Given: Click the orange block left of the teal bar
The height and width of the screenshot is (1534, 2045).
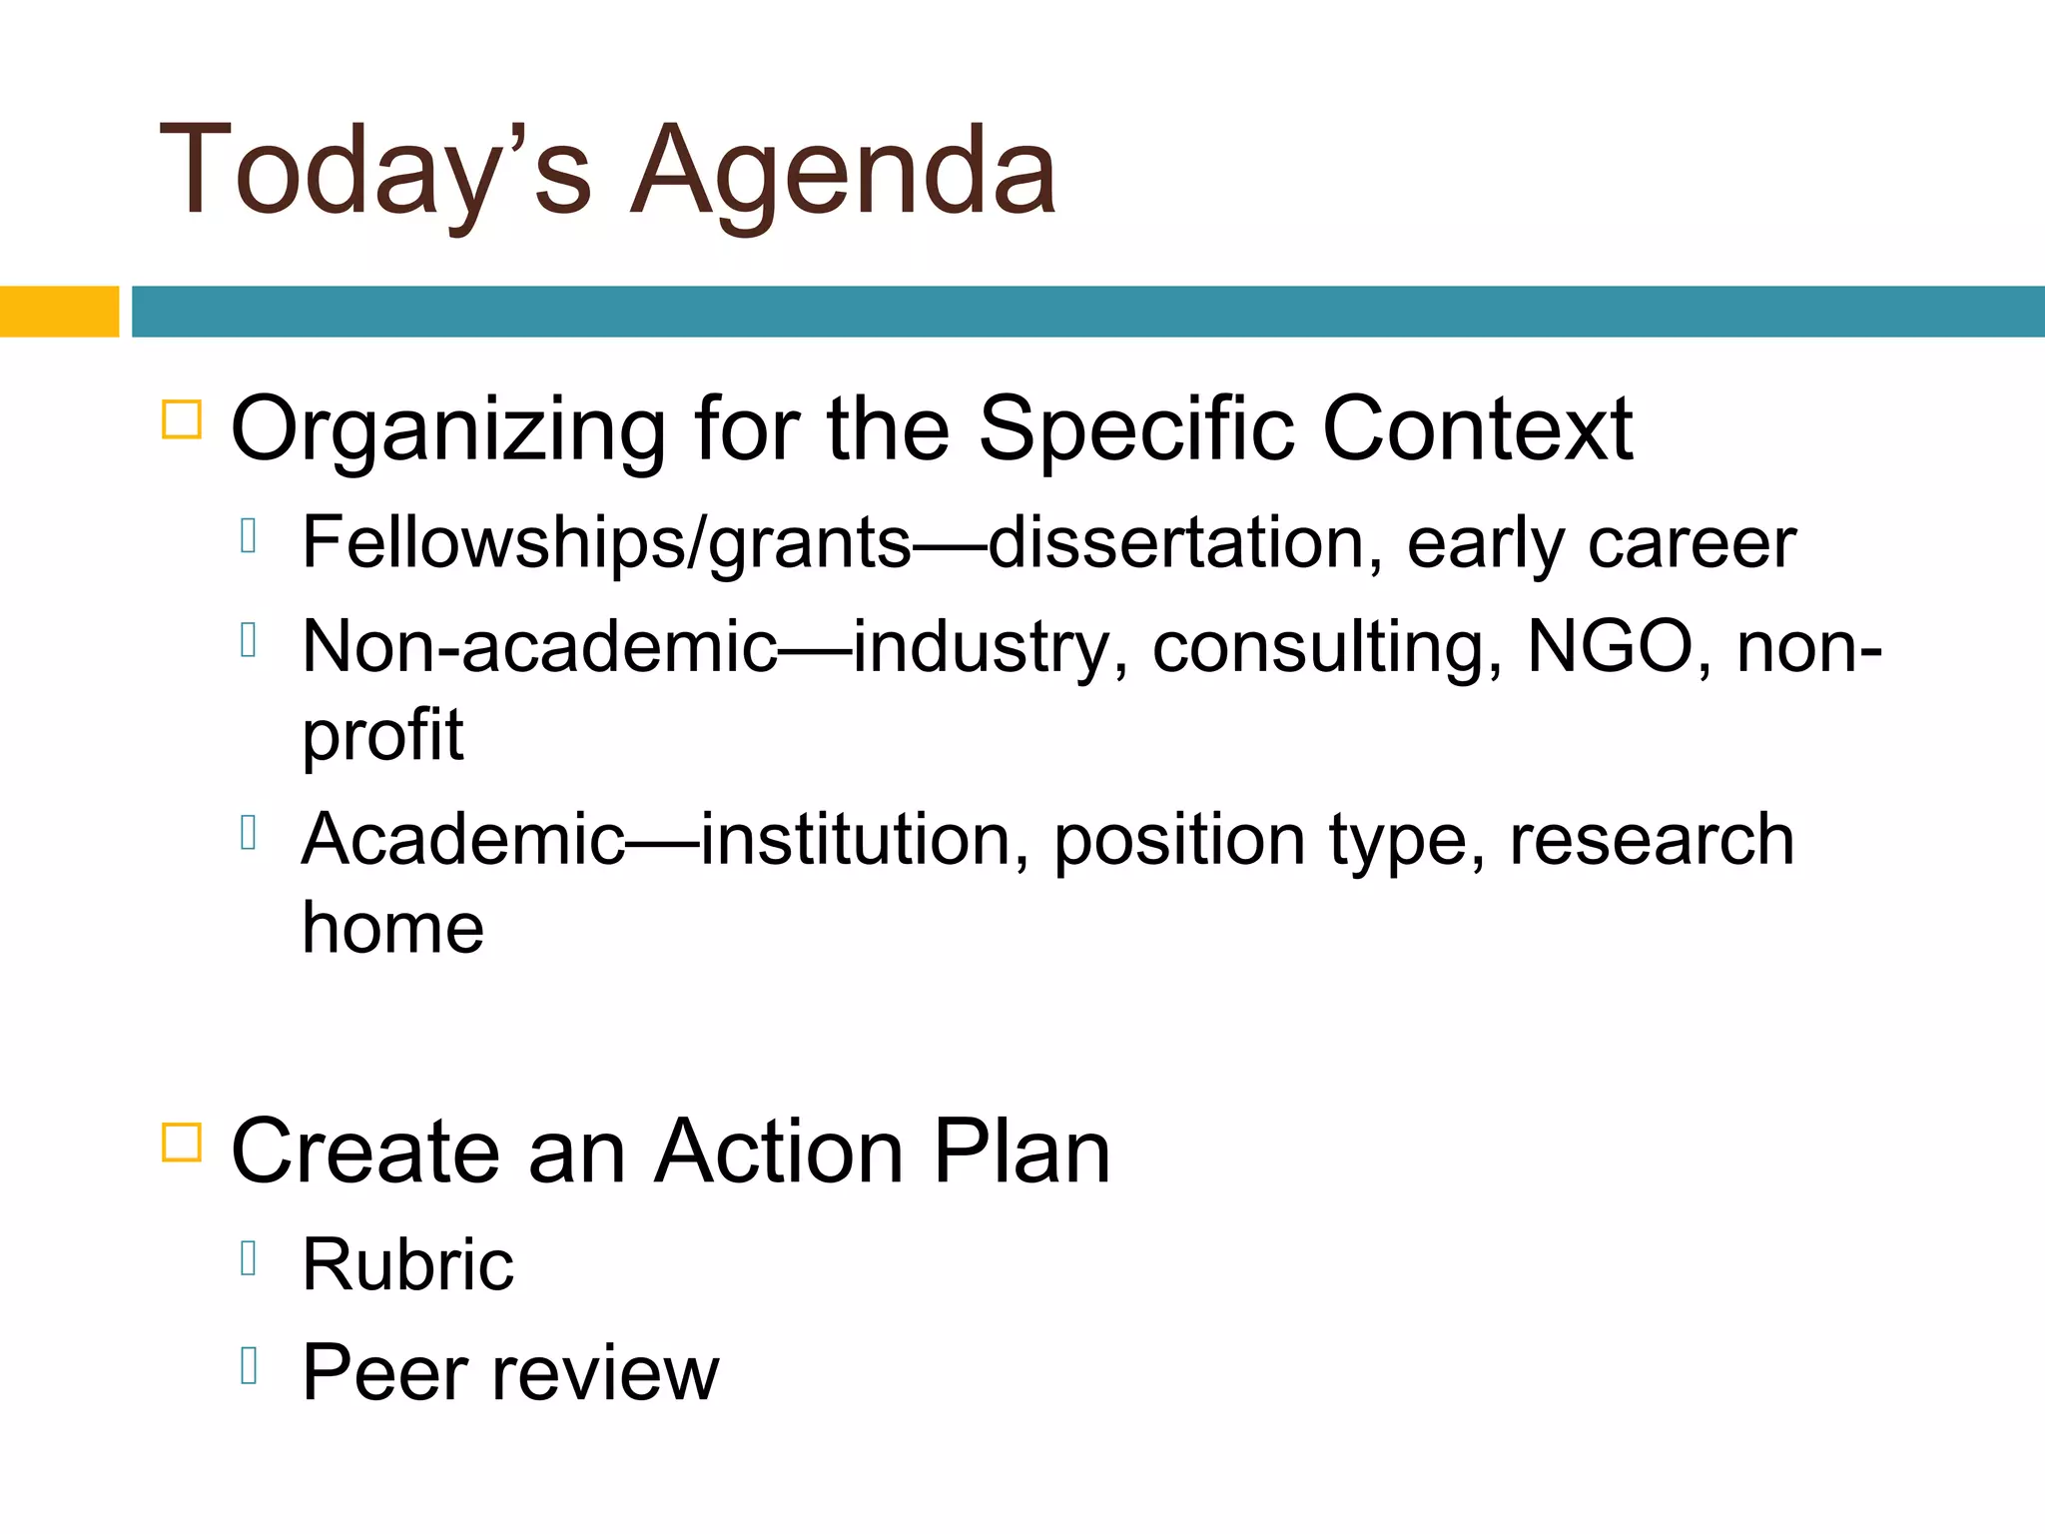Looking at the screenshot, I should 59,312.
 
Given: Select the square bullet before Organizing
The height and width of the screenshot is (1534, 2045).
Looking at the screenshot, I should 182,419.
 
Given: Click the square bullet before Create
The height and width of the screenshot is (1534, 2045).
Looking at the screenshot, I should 182,1142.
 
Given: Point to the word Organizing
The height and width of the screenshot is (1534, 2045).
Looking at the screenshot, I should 448,429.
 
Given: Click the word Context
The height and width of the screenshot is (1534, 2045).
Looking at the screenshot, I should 1477,429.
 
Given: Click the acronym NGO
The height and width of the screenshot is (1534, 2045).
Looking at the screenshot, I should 1610,647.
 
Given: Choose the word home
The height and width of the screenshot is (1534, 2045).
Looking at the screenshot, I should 392,928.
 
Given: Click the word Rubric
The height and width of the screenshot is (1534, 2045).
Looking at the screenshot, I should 407,1265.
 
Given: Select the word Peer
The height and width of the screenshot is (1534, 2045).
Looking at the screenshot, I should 384,1373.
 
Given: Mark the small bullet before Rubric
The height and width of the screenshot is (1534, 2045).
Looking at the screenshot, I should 250,1258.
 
